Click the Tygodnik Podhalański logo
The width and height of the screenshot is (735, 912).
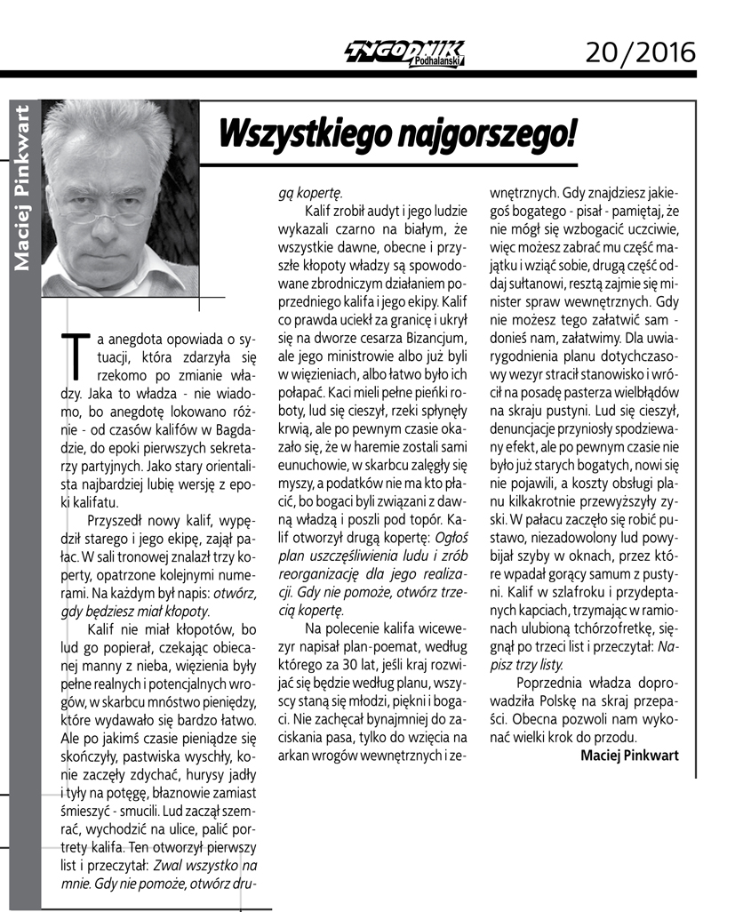403,53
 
